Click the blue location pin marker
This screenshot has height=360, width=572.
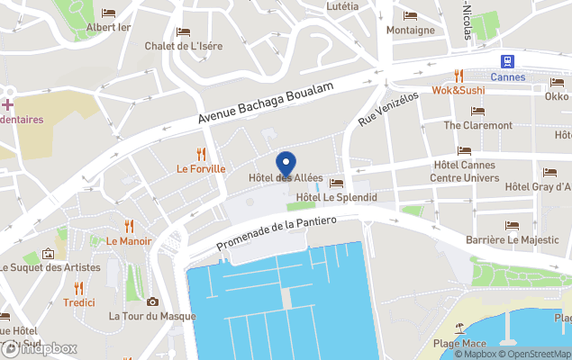286,165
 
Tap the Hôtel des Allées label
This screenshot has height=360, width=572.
286,177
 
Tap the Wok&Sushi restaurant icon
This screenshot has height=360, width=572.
459,76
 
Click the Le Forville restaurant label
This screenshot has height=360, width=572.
201,168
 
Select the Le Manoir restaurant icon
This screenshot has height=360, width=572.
129,226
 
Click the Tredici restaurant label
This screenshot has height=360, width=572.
79,302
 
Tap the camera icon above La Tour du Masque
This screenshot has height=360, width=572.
152,301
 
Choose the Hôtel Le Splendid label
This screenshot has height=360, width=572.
336,197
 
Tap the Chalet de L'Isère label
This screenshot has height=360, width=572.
183,46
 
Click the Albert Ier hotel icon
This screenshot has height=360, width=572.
108,13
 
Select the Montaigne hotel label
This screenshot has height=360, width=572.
410,30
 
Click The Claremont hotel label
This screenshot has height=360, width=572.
477,125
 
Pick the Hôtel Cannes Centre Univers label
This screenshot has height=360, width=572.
466,171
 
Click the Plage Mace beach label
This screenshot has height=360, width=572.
459,344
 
